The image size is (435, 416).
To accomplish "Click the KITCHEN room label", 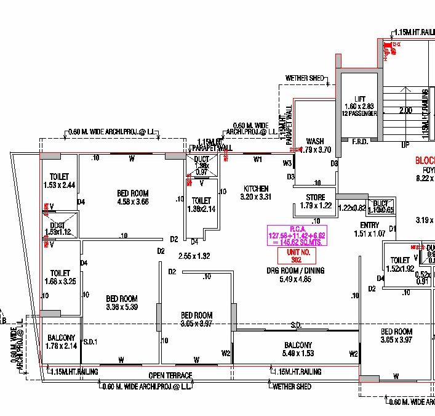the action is point(256,189).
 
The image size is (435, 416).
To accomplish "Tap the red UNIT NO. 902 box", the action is point(296,256).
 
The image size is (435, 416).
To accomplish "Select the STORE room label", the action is point(316,197).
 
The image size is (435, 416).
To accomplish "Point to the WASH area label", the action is point(314,141).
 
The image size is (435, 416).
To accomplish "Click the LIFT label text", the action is point(360,99).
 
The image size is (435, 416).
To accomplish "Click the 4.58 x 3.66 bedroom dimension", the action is point(132,202).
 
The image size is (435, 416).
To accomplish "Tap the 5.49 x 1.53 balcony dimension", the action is point(298,353).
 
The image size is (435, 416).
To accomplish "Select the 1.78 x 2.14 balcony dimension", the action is point(61,346).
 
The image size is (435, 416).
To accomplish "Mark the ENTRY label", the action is point(369,225).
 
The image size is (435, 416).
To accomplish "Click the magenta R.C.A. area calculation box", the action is point(296,235).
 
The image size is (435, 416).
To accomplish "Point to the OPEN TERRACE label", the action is point(170,375).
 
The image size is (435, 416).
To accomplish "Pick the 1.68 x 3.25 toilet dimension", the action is point(60,282).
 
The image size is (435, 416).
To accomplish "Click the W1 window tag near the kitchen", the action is point(258,160).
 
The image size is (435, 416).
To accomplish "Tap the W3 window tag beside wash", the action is point(287,163).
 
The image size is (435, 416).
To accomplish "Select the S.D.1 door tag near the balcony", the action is point(90,341).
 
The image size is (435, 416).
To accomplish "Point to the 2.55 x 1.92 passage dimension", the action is point(194,255).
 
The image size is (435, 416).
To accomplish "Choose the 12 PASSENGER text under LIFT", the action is point(360,113).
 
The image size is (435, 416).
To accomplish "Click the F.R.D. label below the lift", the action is point(359,142).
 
